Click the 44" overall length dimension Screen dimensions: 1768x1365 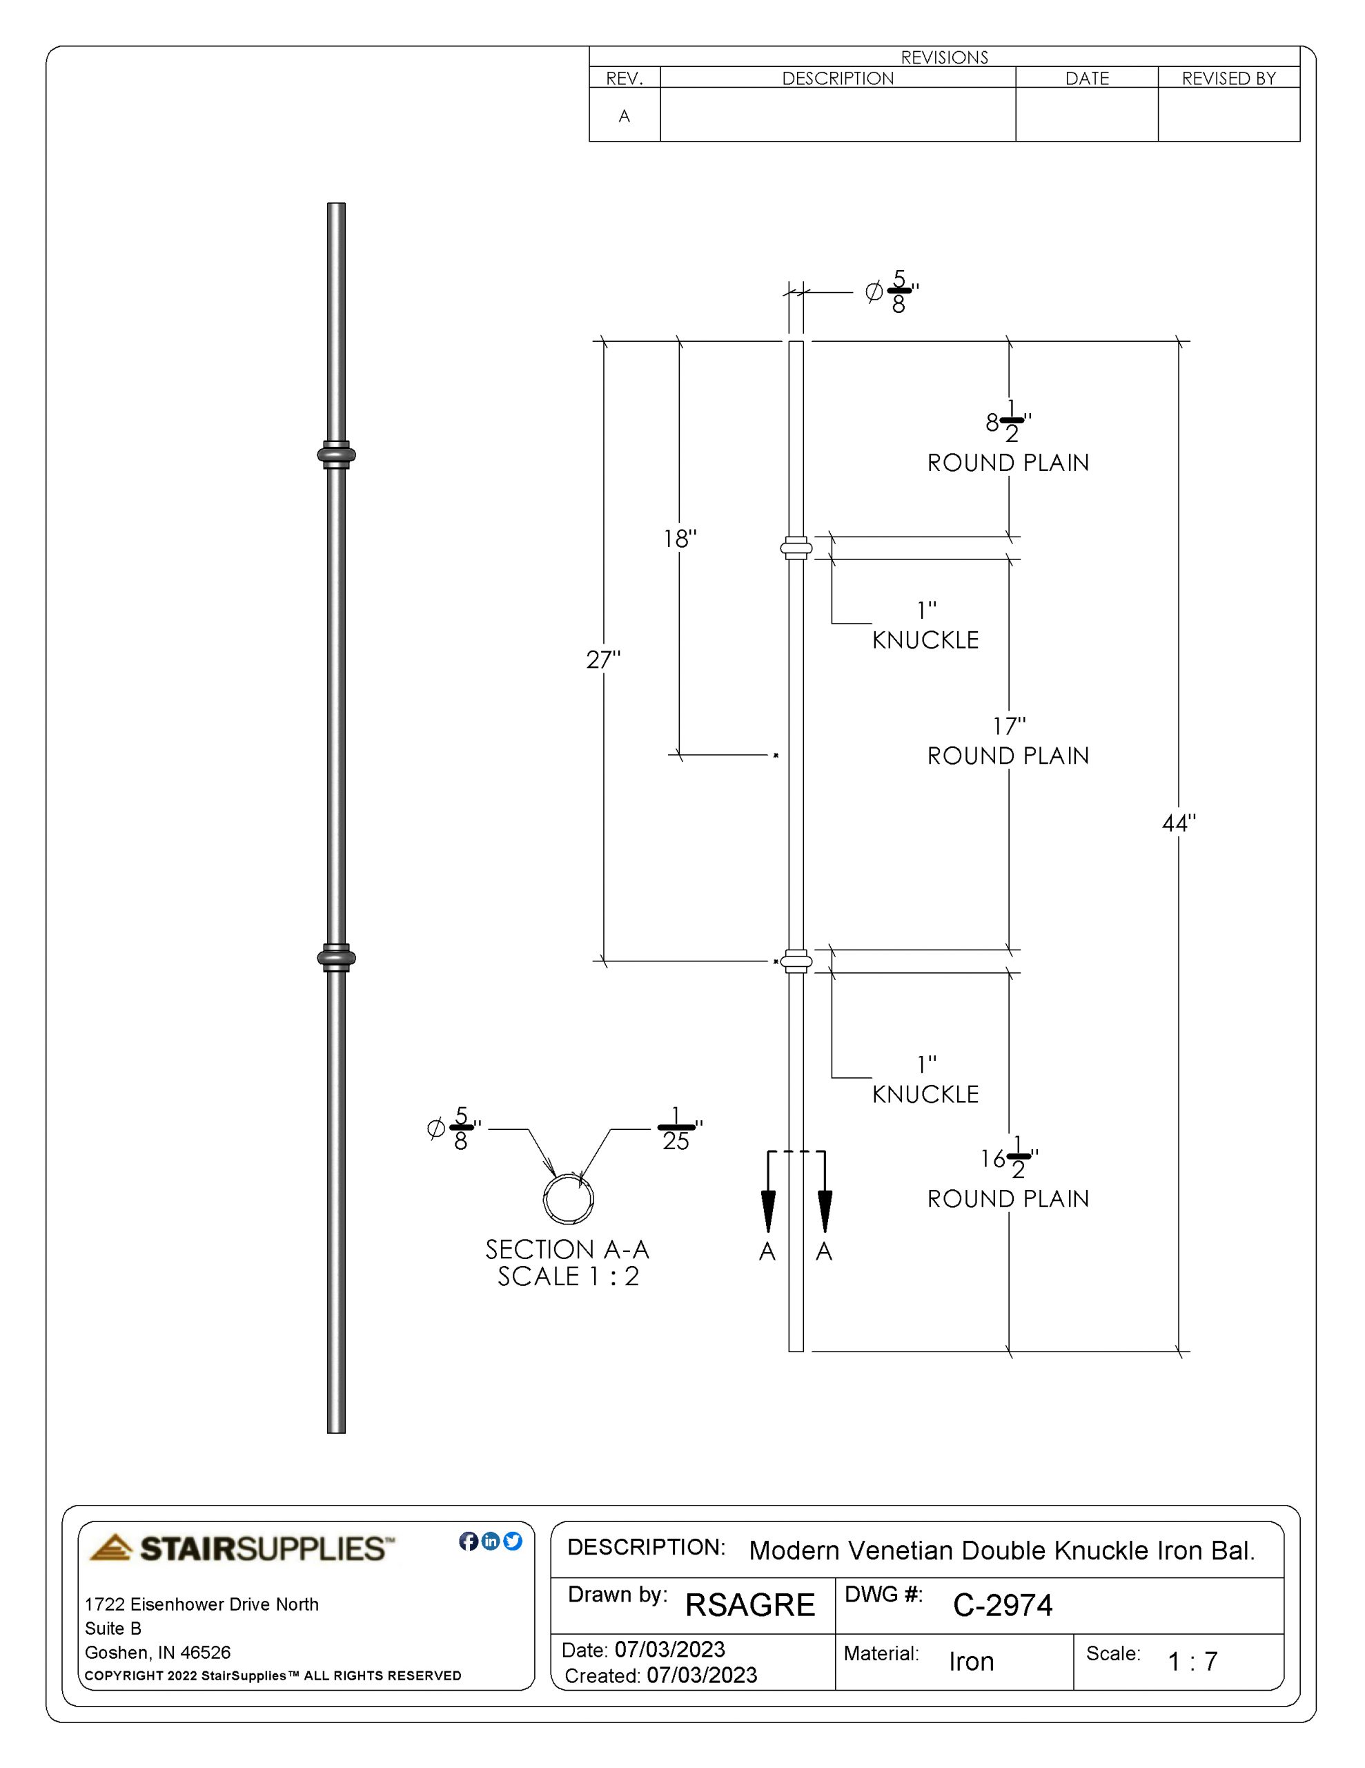[x=1178, y=823]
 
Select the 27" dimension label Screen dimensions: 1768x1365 [x=603, y=660]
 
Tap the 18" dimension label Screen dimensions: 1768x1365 [x=680, y=538]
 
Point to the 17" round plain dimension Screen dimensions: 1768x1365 [x=1009, y=726]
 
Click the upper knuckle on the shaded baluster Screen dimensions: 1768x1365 [x=336, y=455]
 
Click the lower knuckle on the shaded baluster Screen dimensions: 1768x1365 [x=336, y=958]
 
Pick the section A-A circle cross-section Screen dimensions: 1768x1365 [x=568, y=1199]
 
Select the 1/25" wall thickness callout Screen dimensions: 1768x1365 [x=677, y=1130]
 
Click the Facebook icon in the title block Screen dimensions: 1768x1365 [x=469, y=1541]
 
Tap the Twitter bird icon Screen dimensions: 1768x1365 [x=513, y=1541]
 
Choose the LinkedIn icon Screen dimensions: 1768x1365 [x=491, y=1541]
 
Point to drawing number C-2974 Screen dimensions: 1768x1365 [x=1003, y=1604]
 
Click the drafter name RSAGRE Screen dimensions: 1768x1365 [x=750, y=1604]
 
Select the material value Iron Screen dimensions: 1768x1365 [x=971, y=1661]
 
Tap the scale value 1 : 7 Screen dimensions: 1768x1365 [x=1192, y=1661]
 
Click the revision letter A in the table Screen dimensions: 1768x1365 [x=624, y=116]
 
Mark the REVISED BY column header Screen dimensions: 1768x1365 [x=1228, y=79]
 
